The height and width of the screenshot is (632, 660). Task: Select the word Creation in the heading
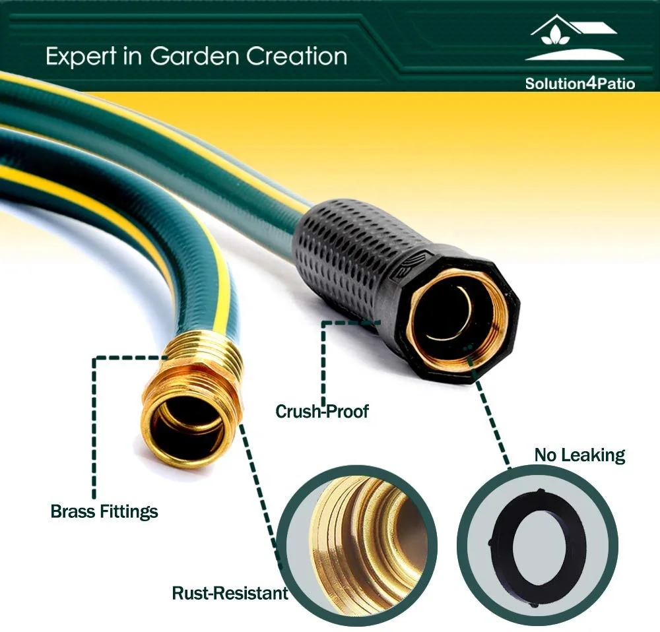pos(297,57)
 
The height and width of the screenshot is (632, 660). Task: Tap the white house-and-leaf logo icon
pos(574,39)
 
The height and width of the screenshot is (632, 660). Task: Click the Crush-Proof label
pos(322,412)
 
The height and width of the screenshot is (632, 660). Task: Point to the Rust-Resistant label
pos(230,592)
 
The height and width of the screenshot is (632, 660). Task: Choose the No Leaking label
pos(579,455)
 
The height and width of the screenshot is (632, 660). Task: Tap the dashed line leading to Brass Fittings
pos(94,422)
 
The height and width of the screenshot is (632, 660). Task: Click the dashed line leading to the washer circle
pos(492,409)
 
